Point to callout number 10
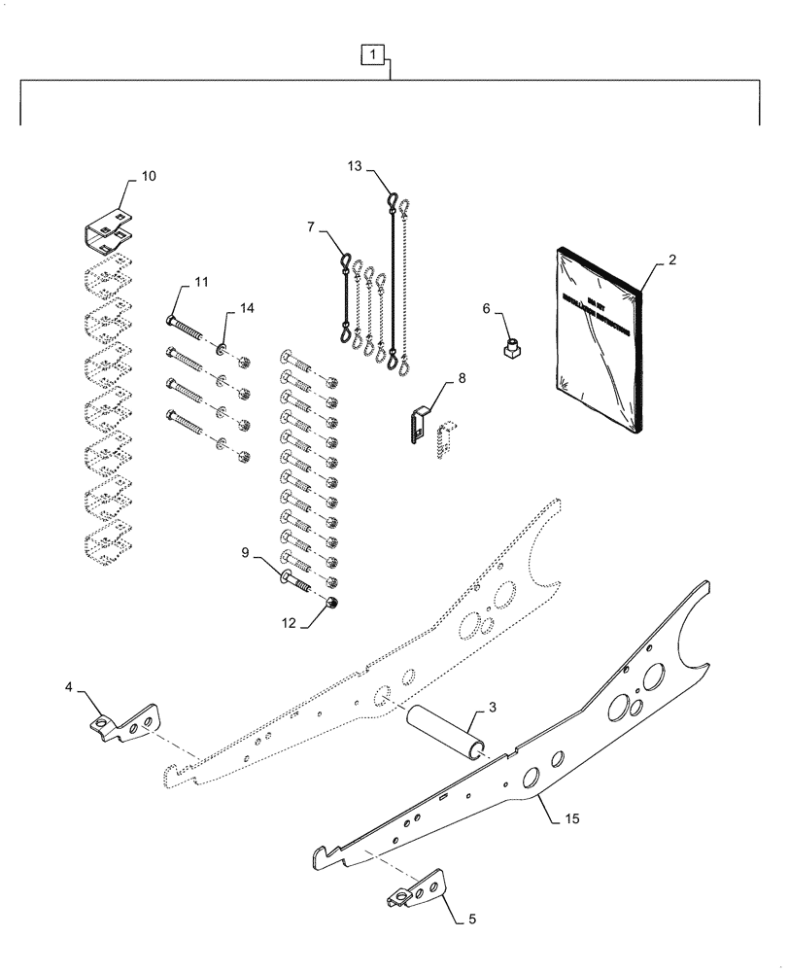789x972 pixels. (148, 176)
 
